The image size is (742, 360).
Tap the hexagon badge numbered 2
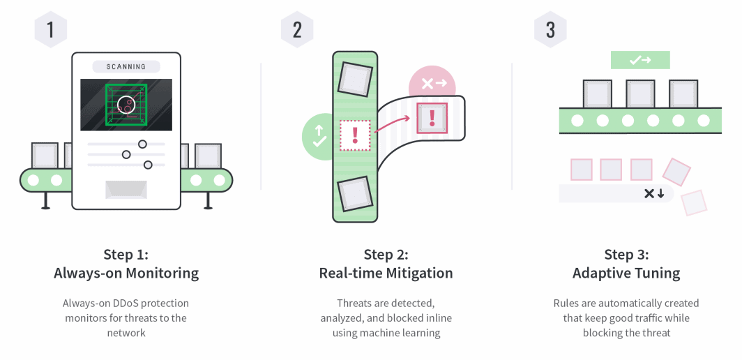point(298,29)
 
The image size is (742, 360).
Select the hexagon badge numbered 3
point(551,29)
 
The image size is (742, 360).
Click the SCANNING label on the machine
point(126,67)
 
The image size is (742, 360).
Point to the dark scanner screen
point(126,105)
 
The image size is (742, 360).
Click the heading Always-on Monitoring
point(126,273)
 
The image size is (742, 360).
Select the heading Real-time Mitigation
point(386,273)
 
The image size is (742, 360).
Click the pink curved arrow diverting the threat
point(393,123)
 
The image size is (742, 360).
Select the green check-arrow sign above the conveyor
point(640,60)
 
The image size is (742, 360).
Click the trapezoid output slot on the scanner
point(126,189)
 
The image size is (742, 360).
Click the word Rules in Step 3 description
point(566,303)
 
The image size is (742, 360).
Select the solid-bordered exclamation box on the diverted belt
point(432,117)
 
